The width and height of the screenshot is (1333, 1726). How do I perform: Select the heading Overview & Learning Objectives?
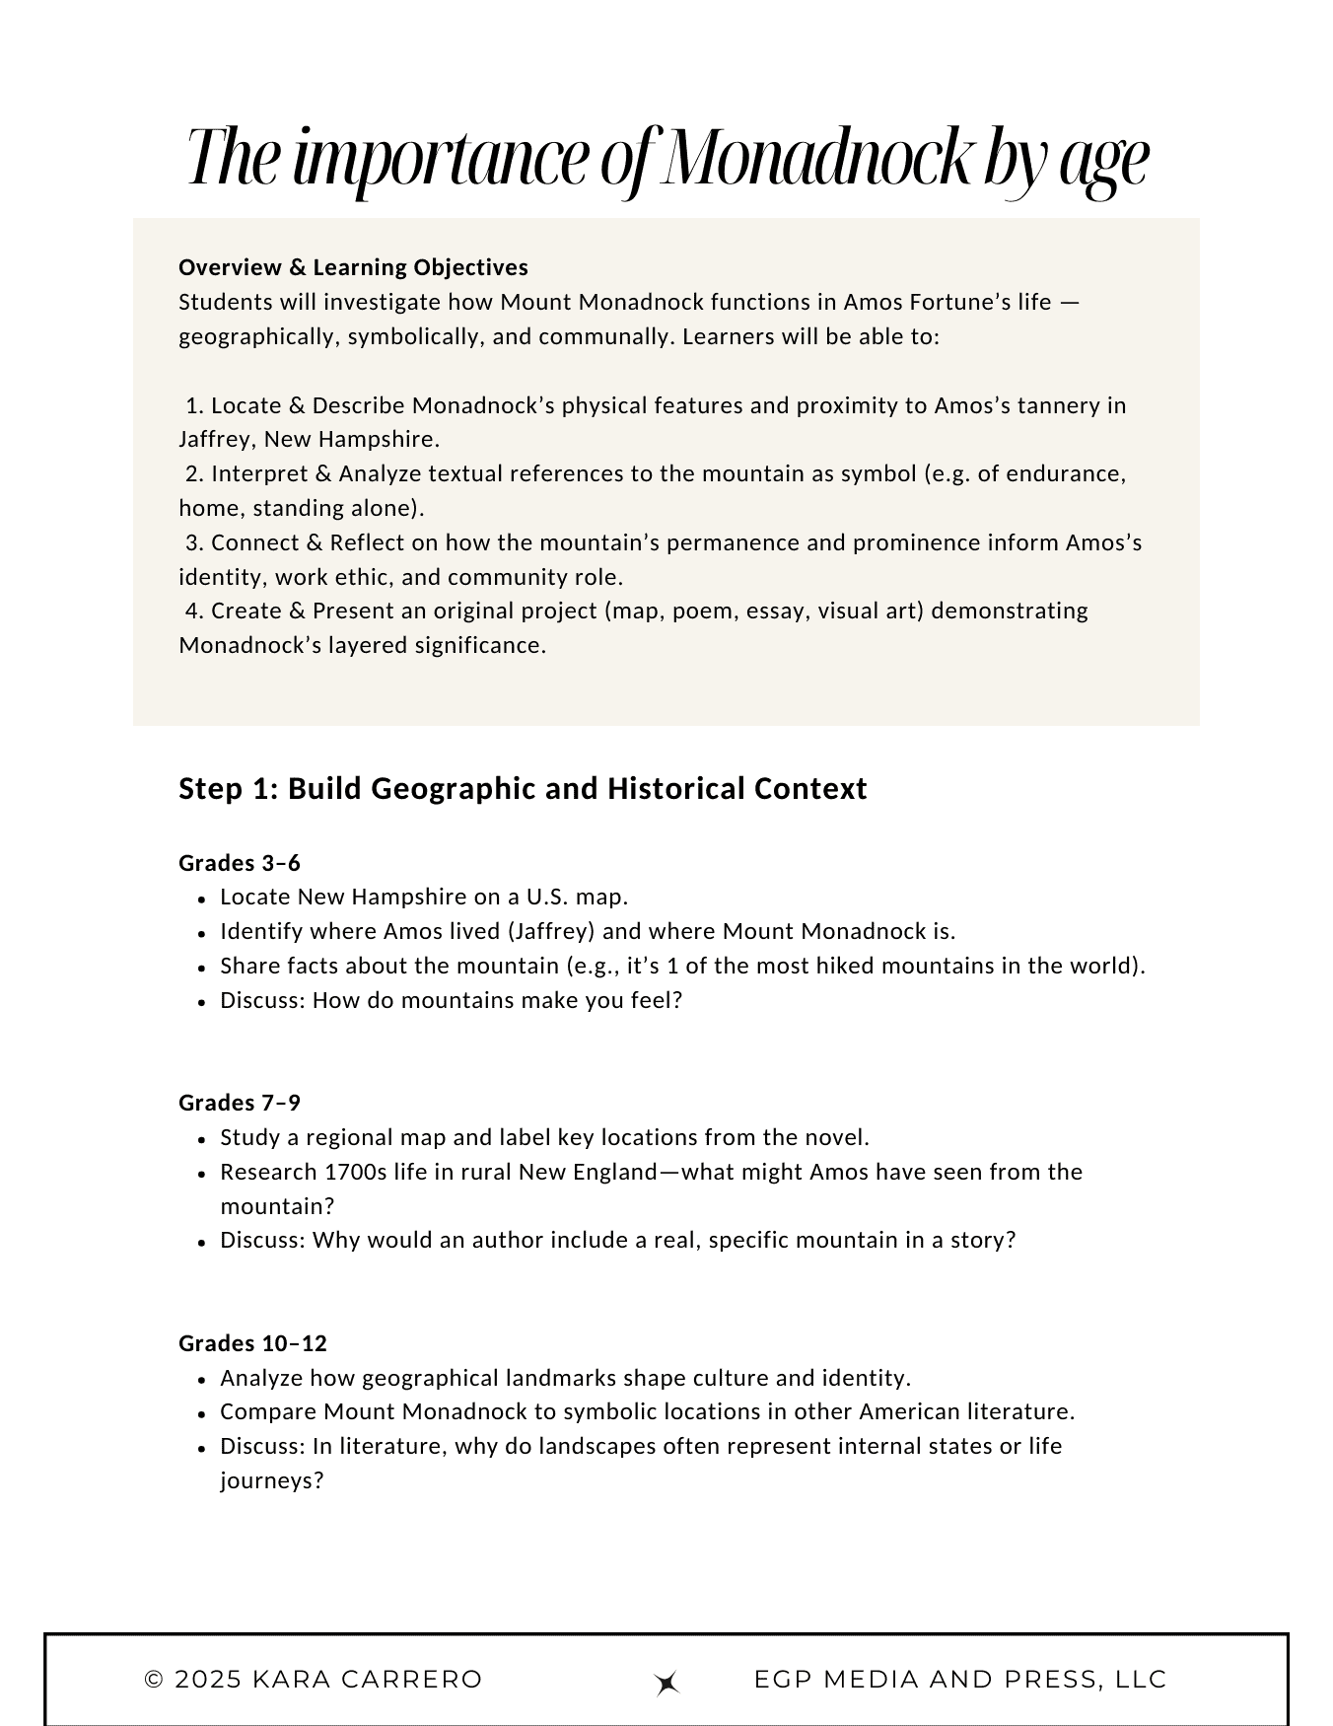(353, 267)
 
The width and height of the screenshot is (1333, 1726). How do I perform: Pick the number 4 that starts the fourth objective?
(192, 611)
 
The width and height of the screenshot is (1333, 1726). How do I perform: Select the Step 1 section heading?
(523, 789)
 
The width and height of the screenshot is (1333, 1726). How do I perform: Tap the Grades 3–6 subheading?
(240, 863)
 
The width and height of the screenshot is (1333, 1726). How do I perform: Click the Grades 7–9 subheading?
(240, 1103)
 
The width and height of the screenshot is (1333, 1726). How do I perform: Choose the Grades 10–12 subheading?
(252, 1343)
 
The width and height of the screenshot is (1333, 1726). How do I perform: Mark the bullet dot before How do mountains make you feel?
(201, 1002)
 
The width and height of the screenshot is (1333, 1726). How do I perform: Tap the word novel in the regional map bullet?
(838, 1137)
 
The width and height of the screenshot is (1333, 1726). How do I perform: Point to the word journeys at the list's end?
(271, 1480)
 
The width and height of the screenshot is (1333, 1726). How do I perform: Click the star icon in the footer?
(667, 1684)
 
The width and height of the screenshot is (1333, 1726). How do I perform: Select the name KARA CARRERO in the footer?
(367, 1680)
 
